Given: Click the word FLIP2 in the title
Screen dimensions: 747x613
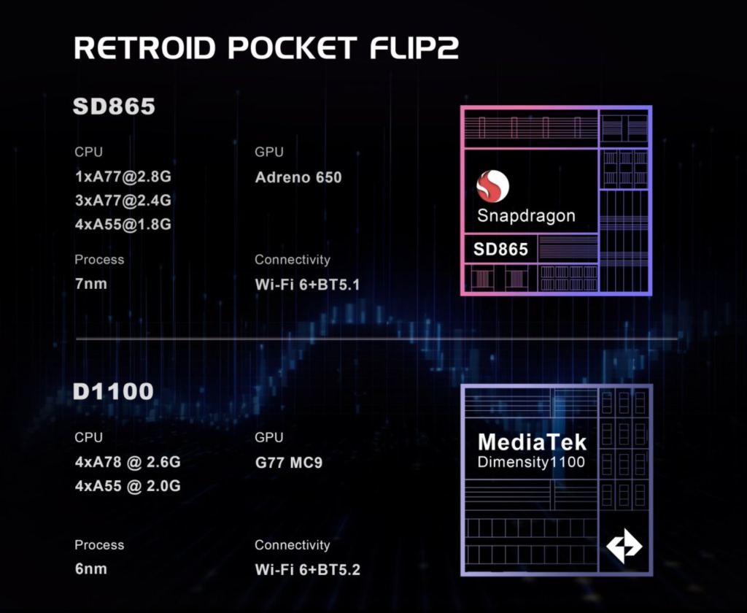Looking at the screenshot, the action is (414, 47).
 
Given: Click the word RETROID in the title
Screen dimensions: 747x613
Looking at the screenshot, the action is (145, 47).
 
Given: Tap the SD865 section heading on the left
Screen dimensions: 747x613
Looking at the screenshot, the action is (114, 106).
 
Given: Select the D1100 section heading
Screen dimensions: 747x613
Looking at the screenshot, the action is (113, 391).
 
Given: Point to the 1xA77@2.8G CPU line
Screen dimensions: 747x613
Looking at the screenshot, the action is (123, 177).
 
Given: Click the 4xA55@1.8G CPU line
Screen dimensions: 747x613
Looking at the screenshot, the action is (123, 224).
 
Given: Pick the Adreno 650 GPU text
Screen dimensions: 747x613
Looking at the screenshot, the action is (298, 177).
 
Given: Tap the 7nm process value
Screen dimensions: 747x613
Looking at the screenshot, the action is (91, 284).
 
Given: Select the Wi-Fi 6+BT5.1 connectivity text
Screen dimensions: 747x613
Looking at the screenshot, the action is (307, 285).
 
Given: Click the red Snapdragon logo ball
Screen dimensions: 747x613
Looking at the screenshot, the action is (492, 186).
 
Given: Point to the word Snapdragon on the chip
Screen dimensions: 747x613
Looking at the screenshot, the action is (526, 215).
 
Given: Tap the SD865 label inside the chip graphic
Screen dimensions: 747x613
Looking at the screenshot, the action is (500, 249).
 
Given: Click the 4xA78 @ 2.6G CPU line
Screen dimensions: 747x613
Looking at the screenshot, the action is (128, 462).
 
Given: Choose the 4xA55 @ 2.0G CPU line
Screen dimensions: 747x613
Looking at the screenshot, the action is (128, 486).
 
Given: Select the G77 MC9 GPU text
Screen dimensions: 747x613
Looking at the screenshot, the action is (289, 463).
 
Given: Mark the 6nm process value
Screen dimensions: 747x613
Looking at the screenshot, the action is (91, 568).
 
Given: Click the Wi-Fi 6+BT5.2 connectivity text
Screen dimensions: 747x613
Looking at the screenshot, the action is (307, 570).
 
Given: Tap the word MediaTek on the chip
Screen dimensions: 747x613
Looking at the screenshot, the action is (532, 442).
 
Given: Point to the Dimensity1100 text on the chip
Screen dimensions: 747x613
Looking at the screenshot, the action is (531, 462).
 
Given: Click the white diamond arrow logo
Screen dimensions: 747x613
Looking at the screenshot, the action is (624, 546).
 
